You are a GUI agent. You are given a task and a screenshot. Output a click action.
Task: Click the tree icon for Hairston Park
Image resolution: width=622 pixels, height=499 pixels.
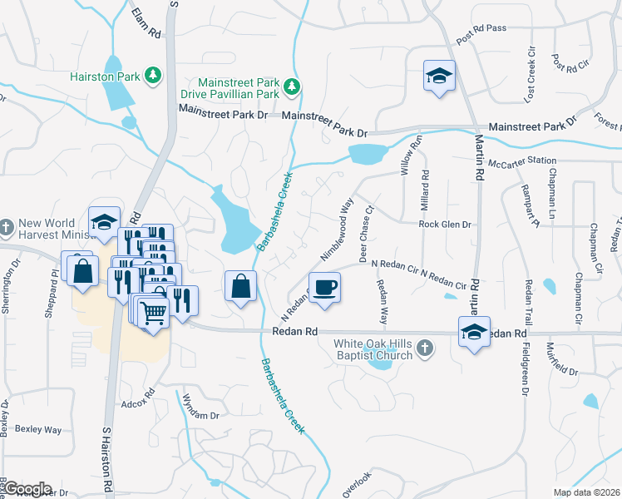152,76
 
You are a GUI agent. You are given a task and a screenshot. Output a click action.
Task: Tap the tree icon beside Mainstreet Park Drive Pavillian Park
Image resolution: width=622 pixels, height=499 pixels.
291,86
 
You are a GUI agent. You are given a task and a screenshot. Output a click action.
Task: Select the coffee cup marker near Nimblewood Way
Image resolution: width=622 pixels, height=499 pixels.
324,288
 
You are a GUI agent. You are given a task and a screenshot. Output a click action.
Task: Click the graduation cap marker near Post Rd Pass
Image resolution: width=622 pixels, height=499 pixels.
437,77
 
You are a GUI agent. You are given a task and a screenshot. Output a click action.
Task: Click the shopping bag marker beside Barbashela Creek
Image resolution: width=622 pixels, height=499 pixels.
239,287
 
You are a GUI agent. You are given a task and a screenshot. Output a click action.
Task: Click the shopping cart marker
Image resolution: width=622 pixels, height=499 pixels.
153,314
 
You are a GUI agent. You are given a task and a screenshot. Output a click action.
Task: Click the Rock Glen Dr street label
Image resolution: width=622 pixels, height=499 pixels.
445,225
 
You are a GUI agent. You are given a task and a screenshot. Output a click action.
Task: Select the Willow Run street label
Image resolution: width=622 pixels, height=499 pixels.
407,156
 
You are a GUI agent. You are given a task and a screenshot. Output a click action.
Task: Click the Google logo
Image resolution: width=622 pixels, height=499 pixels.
27,489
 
